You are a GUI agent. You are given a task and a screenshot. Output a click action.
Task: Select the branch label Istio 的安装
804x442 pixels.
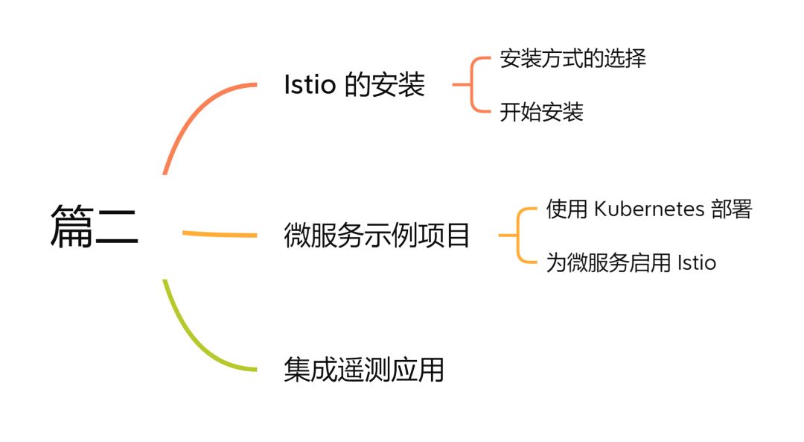[354, 85]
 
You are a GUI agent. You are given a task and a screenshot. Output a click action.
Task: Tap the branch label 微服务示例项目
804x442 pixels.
[377, 236]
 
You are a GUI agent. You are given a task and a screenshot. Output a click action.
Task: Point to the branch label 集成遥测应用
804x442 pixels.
[363, 369]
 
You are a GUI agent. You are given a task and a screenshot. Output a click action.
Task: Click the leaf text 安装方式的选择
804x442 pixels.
[572, 59]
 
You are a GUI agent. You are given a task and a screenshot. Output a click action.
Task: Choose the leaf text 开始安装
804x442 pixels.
[541, 113]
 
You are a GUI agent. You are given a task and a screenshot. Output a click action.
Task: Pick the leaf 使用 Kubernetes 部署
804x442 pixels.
[649, 209]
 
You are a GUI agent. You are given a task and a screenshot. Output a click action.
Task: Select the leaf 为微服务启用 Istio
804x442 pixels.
[631, 262]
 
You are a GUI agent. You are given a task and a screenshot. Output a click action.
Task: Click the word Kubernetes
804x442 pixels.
[648, 209]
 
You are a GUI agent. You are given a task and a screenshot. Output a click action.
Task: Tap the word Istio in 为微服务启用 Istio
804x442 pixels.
[696, 262]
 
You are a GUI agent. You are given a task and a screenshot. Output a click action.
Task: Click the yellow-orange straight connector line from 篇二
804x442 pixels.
[220, 235]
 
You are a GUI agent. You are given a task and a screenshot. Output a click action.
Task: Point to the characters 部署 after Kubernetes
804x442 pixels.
[731, 209]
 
